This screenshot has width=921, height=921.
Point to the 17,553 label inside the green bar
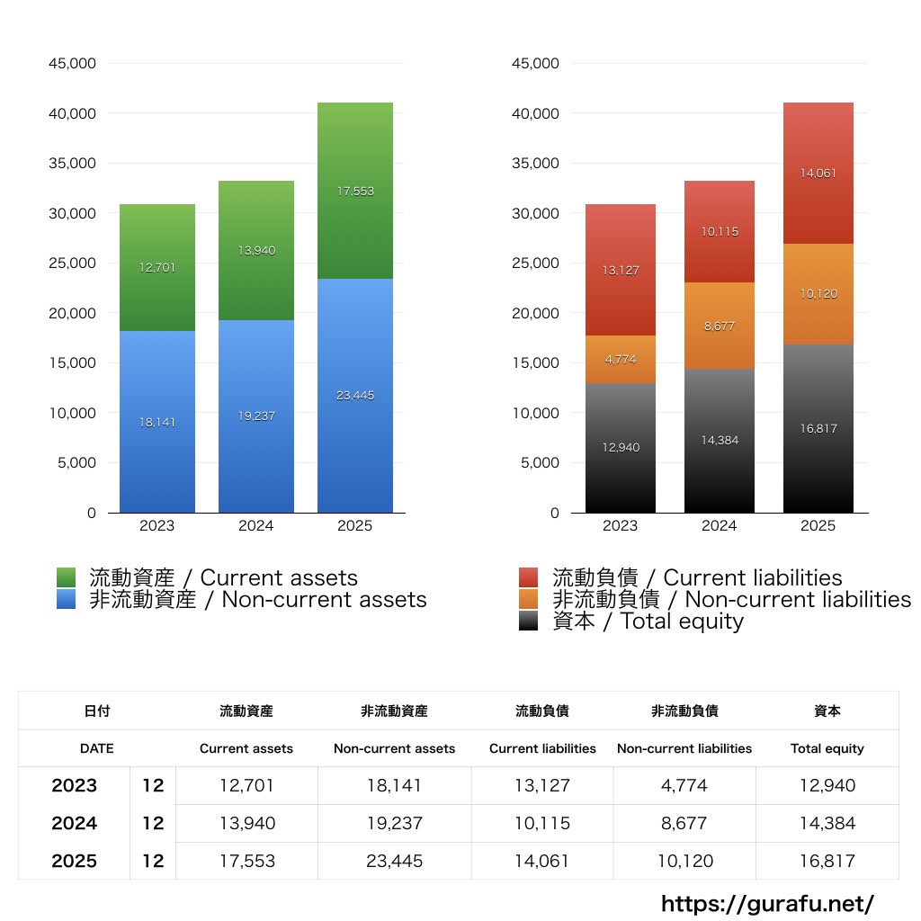[355, 192]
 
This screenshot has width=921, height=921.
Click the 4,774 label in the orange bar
[621, 360]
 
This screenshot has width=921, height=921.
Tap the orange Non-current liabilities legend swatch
[530, 599]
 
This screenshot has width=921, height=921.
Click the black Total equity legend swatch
[530, 621]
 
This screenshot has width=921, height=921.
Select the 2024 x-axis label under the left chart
[256, 526]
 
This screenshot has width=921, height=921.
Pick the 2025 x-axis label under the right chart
[818, 526]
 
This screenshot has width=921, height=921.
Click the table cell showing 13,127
[542, 785]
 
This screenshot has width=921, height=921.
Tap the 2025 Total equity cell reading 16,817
[827, 861]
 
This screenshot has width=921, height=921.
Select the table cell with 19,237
[394, 823]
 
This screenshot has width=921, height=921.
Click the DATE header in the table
[96, 748]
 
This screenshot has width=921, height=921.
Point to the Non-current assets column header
[394, 748]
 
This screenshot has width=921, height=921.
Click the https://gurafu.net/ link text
[767, 903]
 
